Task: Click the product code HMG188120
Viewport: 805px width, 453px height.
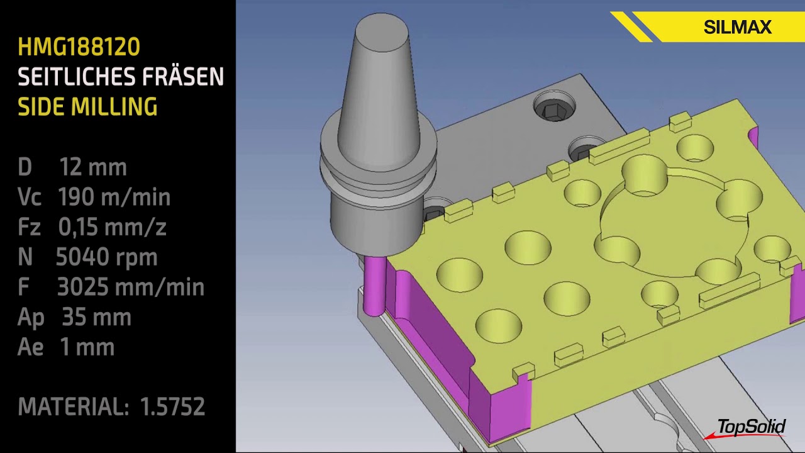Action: click(79, 47)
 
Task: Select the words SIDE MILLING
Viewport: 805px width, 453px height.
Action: click(87, 107)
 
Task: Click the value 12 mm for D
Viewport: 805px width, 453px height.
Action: click(93, 167)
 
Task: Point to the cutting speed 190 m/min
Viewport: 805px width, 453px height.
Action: click(114, 198)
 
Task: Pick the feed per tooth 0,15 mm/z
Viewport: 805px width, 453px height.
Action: click(112, 227)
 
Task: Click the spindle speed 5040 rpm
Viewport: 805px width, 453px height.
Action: click(106, 257)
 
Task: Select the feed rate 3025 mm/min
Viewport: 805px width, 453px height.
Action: click(130, 287)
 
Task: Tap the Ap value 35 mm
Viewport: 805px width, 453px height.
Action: click(96, 317)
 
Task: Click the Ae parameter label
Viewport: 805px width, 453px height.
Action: click(30, 347)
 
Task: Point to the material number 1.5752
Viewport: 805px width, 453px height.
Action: click(173, 407)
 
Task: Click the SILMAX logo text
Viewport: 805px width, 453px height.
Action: click(737, 28)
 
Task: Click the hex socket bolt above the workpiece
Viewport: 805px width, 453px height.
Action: click(553, 111)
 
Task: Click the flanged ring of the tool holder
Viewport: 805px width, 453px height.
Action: click(377, 167)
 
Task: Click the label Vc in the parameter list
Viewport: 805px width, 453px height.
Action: click(30, 198)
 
